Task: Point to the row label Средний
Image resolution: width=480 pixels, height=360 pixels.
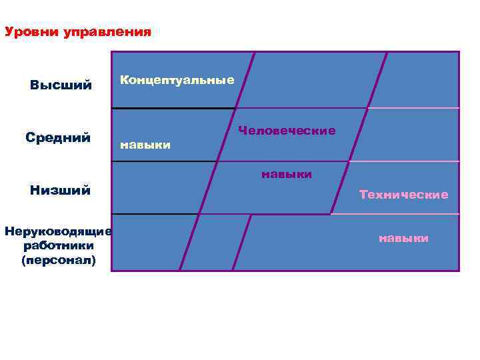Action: (59, 137)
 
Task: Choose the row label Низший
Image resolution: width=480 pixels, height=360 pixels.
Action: (60, 191)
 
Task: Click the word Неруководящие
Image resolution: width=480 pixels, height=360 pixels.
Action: (58, 231)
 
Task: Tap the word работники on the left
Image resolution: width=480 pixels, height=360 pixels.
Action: (59, 246)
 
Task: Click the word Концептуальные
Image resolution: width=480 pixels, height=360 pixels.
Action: (177, 80)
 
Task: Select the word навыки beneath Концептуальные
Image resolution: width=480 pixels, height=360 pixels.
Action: (145, 144)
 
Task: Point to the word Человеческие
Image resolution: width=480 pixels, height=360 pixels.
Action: (287, 131)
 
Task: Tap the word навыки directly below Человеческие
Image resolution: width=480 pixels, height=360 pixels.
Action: (287, 175)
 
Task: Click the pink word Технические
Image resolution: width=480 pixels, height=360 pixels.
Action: (403, 195)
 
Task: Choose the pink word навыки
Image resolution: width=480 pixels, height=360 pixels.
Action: (403, 238)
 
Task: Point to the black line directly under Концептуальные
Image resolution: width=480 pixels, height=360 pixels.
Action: (173, 108)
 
